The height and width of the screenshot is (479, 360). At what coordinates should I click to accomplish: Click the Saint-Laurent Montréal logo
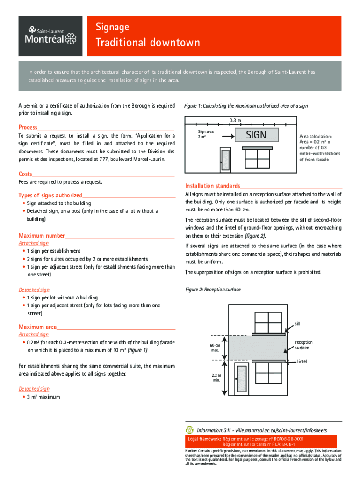coord(50,36)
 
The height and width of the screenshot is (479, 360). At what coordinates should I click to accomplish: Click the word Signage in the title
coord(112,27)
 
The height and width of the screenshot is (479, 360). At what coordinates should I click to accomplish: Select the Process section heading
coord(28,127)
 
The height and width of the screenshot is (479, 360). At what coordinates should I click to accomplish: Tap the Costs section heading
coord(25,174)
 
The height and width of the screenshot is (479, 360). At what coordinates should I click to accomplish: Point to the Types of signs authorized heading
coord(50,195)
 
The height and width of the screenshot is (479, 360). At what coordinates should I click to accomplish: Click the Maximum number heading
coord(42,235)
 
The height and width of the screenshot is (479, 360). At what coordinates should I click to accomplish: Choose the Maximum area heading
coord(37,327)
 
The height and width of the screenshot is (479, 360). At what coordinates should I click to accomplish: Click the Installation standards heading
coord(213,185)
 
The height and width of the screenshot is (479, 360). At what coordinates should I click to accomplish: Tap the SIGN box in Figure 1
coord(256,135)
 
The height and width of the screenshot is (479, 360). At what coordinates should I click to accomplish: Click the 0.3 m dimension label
coord(235,121)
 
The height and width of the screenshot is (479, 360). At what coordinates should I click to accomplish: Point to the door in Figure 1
coord(225,160)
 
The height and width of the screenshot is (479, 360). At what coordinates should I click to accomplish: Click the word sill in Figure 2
coord(297,323)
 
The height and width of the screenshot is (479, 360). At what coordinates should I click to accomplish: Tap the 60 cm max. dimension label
coord(215,348)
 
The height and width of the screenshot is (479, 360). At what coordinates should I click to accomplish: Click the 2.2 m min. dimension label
coord(216,377)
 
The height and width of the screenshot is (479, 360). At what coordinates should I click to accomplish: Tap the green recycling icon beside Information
coord(189,430)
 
